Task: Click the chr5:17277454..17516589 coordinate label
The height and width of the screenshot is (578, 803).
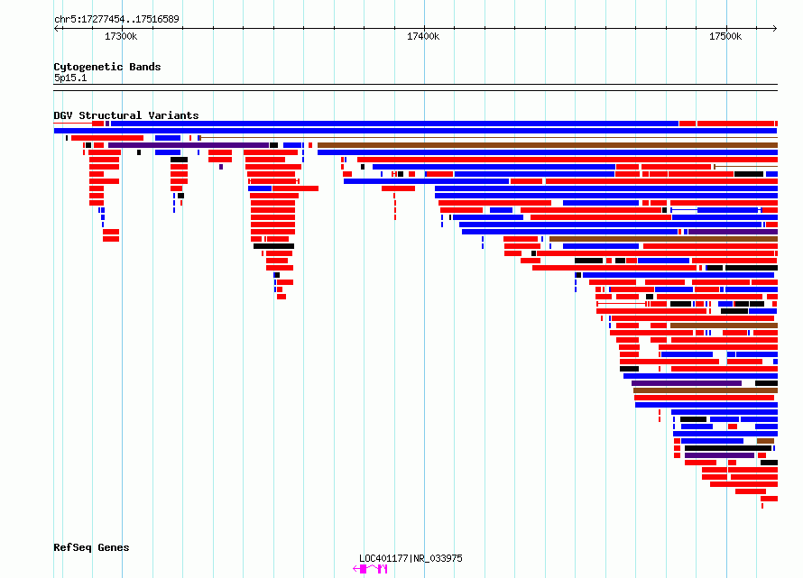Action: point(116,20)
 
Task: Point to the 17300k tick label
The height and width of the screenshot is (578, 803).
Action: point(121,36)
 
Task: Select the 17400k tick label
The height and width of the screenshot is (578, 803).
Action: point(423,36)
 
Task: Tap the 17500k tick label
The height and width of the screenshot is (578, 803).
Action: point(725,36)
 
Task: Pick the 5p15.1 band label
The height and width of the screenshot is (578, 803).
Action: point(70,78)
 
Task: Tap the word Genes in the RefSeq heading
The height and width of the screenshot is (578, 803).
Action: point(113,548)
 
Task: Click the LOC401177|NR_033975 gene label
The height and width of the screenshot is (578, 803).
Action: point(411,558)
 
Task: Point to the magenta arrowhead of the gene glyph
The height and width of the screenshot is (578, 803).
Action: point(355,569)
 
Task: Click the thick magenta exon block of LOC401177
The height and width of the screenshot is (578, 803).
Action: point(363,569)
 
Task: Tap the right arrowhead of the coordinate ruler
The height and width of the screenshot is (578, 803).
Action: point(775,28)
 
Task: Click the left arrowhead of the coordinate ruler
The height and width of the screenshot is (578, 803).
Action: point(56,28)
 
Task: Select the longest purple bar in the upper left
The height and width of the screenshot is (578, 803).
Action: point(189,145)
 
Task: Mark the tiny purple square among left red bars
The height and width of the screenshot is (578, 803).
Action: point(221,167)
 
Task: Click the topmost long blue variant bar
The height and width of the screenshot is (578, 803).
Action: point(394,124)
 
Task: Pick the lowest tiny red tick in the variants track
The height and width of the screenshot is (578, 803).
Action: point(762,506)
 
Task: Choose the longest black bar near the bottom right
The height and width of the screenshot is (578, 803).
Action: point(728,448)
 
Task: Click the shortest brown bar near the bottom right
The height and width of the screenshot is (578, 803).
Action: point(765,441)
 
